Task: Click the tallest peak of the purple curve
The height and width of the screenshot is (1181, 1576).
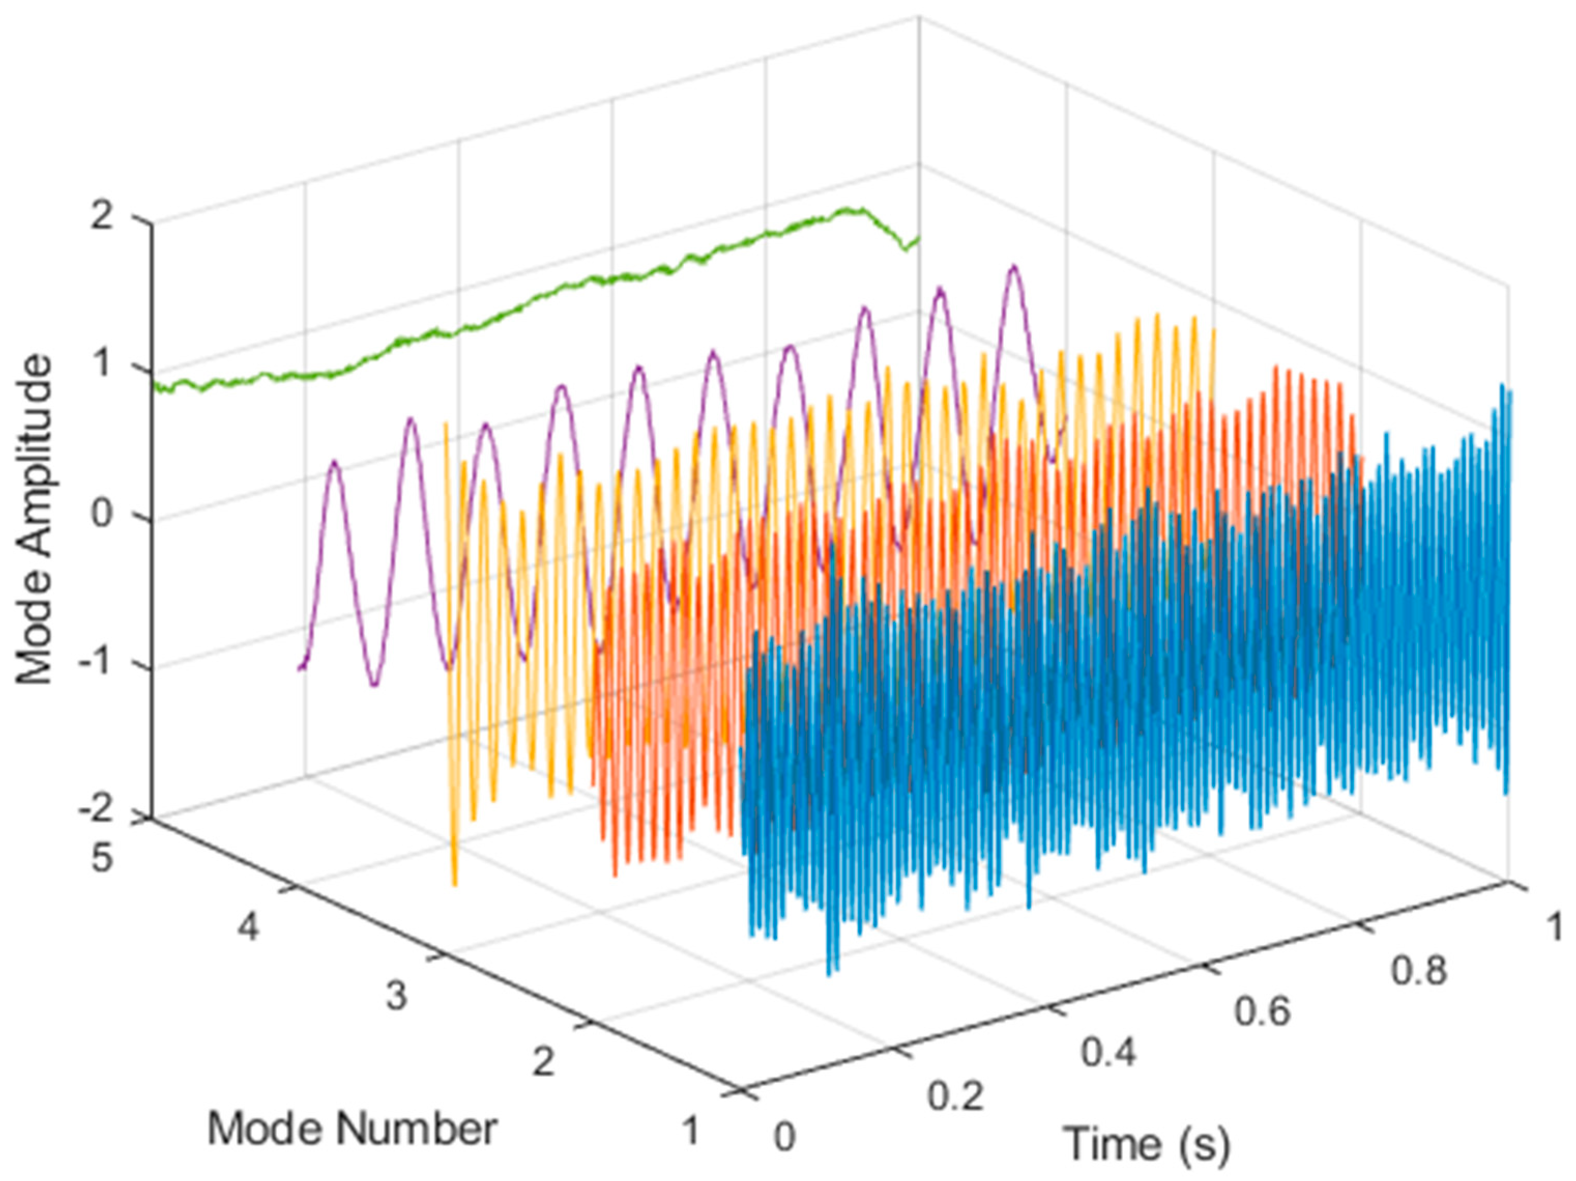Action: click(1012, 267)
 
